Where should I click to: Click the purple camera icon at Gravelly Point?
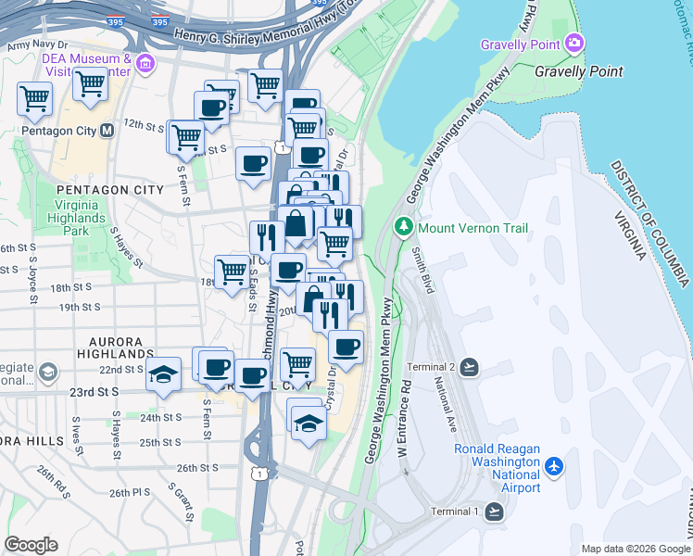coord(574,44)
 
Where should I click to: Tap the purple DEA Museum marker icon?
coord(145,63)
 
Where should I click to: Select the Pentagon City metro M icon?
coord(107,131)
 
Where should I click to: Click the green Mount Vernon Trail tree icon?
coord(404,226)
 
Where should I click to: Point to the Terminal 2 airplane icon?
coord(470,368)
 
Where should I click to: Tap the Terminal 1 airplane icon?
coord(494,512)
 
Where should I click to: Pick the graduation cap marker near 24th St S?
coord(308,423)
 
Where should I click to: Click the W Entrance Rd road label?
coord(403,422)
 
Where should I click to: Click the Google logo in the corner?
coord(31,544)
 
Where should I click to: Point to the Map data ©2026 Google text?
coord(635,549)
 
